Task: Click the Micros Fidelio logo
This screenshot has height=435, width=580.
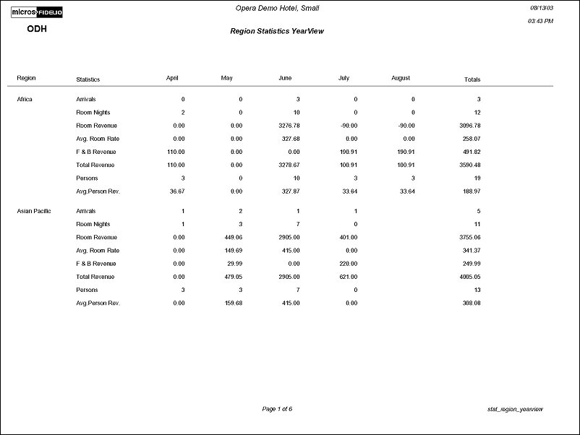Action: (x=37, y=13)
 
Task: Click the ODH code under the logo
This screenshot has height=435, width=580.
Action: (x=38, y=29)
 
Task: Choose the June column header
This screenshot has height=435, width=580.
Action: (x=284, y=78)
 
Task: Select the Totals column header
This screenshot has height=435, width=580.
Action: (x=472, y=79)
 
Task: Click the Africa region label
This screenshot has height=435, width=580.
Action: (x=25, y=99)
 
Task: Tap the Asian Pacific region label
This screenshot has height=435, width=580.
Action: (x=33, y=211)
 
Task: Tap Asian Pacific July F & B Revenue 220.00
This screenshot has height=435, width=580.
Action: (x=347, y=264)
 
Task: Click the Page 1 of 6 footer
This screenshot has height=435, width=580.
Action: (x=277, y=410)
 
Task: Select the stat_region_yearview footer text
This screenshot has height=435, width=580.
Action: (x=516, y=410)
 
